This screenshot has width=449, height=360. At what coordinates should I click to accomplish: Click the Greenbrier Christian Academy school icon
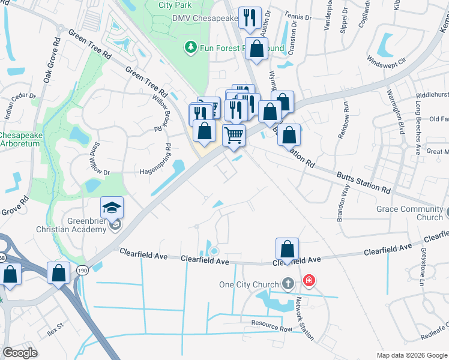[112, 208]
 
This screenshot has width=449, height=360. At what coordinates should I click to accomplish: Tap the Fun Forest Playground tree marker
[191, 47]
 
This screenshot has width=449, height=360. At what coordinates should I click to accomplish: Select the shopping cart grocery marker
[234, 134]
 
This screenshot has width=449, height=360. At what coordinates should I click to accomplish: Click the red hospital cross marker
[309, 280]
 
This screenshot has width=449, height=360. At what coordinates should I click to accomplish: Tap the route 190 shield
[82, 271]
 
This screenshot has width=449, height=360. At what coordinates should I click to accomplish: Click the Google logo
[20, 353]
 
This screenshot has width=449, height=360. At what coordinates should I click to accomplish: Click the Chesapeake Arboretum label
[20, 139]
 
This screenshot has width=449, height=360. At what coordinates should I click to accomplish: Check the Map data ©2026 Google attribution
[412, 355]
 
